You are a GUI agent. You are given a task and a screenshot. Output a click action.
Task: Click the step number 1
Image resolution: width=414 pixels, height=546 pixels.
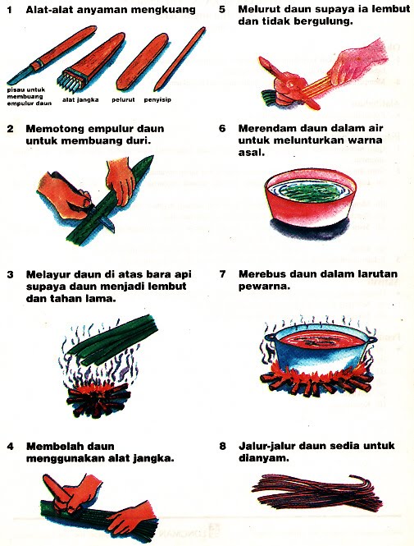point(11,11)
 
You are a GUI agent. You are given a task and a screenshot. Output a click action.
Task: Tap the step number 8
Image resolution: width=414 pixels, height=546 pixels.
point(222,447)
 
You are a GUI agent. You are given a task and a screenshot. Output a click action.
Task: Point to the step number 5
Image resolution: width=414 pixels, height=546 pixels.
point(222,11)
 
